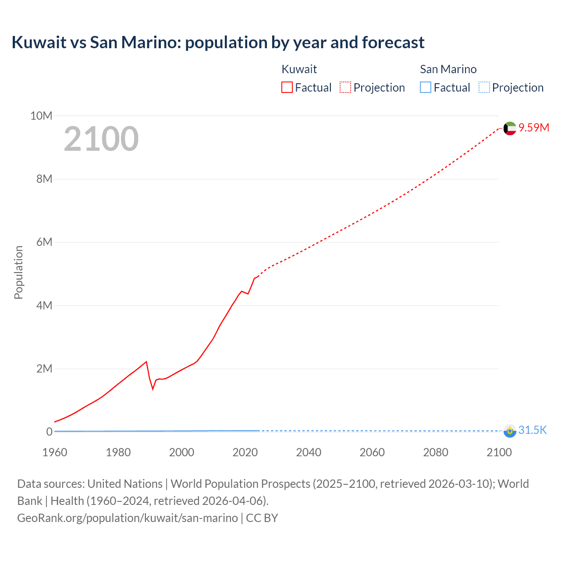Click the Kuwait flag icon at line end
(510, 128)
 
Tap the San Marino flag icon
(510, 431)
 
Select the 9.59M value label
(534, 128)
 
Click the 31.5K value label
(533, 430)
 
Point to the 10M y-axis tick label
(41, 116)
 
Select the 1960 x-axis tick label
(55, 452)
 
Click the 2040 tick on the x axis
(309, 452)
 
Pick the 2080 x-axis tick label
(436, 452)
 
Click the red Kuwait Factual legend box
(287, 88)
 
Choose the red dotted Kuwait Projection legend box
(345, 88)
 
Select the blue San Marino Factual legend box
(426, 88)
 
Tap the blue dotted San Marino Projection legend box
(484, 88)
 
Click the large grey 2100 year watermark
(101, 139)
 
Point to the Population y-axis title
(18, 272)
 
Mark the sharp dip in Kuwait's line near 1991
(153, 388)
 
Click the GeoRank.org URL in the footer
(128, 518)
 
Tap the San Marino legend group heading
(448, 69)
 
